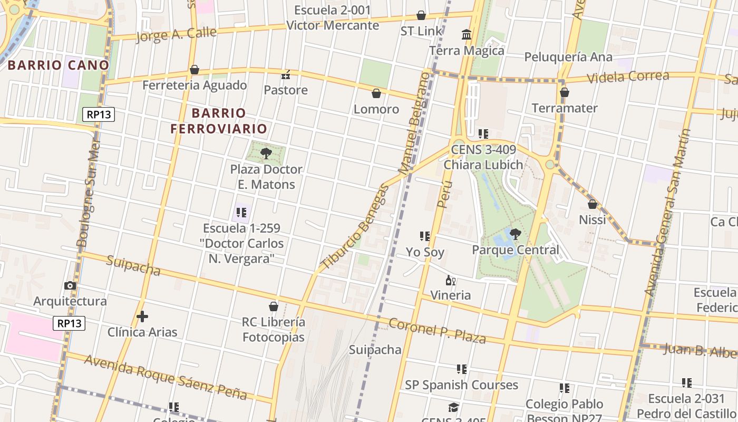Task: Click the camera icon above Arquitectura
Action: (x=70, y=285)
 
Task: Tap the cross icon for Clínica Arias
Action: (x=142, y=316)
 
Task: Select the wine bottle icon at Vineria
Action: (x=450, y=280)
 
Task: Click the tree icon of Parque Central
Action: (x=515, y=234)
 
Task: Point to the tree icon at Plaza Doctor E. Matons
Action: (x=266, y=154)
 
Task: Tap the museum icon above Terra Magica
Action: (x=467, y=35)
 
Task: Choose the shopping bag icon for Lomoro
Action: (x=376, y=93)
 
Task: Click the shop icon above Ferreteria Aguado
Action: (x=195, y=70)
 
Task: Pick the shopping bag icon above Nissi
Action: (x=592, y=204)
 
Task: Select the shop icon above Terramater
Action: (x=565, y=92)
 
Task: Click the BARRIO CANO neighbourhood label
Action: (x=59, y=65)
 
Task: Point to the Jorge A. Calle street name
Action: (x=176, y=34)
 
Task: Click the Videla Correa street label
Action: (x=627, y=77)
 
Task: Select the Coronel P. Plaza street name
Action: (x=437, y=330)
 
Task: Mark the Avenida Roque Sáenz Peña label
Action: (x=166, y=377)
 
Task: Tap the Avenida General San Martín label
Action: (x=667, y=211)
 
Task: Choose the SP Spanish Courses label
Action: (x=461, y=385)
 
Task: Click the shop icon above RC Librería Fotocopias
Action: (x=274, y=306)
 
